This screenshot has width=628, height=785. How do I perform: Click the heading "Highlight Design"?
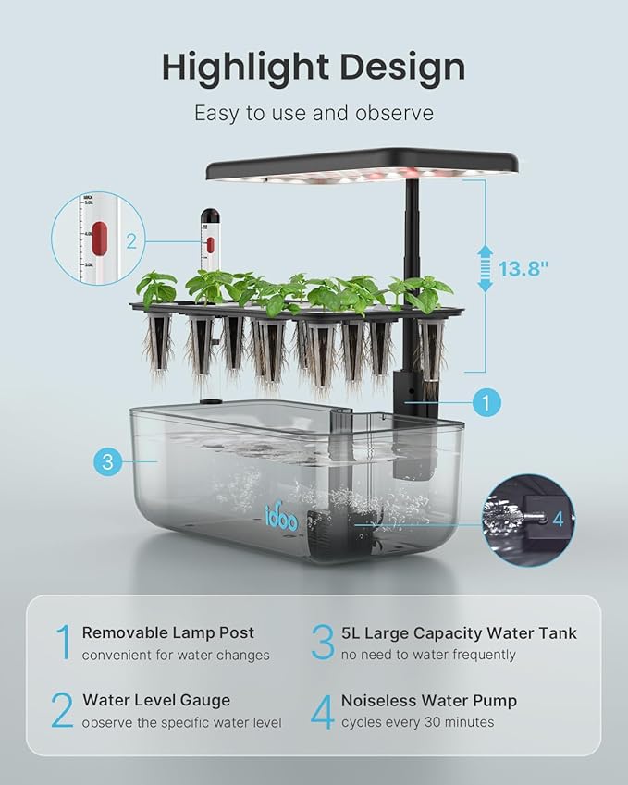pos(314,67)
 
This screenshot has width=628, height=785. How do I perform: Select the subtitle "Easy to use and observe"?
pos(314,113)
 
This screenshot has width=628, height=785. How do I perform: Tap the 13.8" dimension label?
pos(524,268)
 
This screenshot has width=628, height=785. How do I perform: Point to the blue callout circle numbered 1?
pos(486,402)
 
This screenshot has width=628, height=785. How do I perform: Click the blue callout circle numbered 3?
pos(107,461)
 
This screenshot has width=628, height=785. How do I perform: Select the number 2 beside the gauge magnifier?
pos(131,241)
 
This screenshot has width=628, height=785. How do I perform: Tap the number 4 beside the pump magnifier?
pos(557,519)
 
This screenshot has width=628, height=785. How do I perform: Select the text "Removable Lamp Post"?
pos(167,633)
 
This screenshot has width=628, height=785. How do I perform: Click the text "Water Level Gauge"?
pos(156,701)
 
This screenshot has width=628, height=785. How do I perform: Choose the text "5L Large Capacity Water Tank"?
pos(459,633)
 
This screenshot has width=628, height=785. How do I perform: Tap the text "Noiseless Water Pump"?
pos(429,701)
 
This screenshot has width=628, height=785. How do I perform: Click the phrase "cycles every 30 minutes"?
pos(418,722)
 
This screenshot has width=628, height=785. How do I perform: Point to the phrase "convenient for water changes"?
pos(176,656)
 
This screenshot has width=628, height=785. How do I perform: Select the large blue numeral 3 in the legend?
pos(322,644)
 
